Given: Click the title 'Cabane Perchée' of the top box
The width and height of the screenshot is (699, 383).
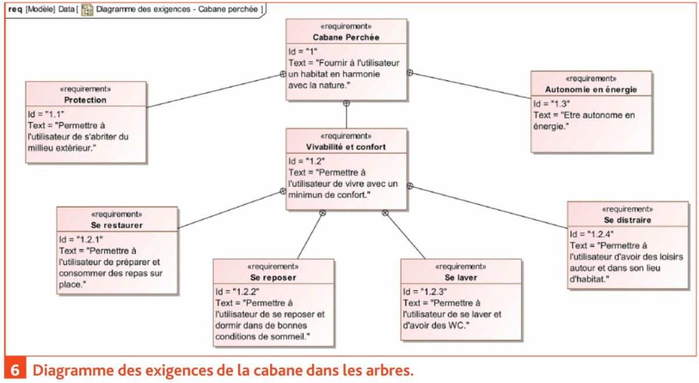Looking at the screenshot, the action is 346,37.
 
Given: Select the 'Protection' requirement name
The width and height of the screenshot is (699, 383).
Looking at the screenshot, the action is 85,100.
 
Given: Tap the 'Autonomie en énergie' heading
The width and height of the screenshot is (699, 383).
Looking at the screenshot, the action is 591,90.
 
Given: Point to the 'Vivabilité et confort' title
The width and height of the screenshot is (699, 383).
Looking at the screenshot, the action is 346,147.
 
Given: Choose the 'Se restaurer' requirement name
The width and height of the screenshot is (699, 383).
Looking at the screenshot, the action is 116,225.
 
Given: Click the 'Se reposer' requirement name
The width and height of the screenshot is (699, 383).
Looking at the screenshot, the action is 273,277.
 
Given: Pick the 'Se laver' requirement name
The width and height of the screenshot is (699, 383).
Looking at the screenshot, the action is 461,277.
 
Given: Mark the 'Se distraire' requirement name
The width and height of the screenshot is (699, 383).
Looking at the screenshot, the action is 627,220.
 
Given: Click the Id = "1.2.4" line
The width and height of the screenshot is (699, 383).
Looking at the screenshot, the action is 592,234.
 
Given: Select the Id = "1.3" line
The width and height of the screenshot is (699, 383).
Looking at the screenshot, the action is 552,104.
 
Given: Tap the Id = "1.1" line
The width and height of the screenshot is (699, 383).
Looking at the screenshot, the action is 46,114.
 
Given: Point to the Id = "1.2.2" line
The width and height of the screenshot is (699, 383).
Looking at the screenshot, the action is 238,292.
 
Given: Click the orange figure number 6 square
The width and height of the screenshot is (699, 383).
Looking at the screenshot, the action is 15,370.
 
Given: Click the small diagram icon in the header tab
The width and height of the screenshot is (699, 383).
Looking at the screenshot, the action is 87,10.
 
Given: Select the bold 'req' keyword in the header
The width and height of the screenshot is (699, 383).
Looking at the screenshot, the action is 15,9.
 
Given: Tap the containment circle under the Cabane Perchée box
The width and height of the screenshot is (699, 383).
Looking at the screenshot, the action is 347,103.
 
